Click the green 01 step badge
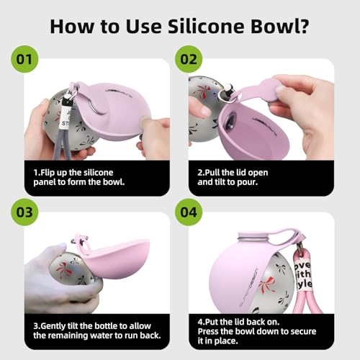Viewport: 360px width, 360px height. pos(24,59)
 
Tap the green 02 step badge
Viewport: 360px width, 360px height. pos(189,59)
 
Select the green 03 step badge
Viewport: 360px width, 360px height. pos(24,212)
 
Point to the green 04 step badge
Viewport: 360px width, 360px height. pos(189,212)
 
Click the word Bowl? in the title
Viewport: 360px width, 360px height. pos(280,26)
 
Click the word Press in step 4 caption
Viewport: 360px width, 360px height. pos(208,331)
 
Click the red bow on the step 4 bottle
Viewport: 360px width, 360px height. pos(267,284)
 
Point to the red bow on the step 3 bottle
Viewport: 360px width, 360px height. pos(65,268)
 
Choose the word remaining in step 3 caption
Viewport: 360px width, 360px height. pos(73,336)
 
